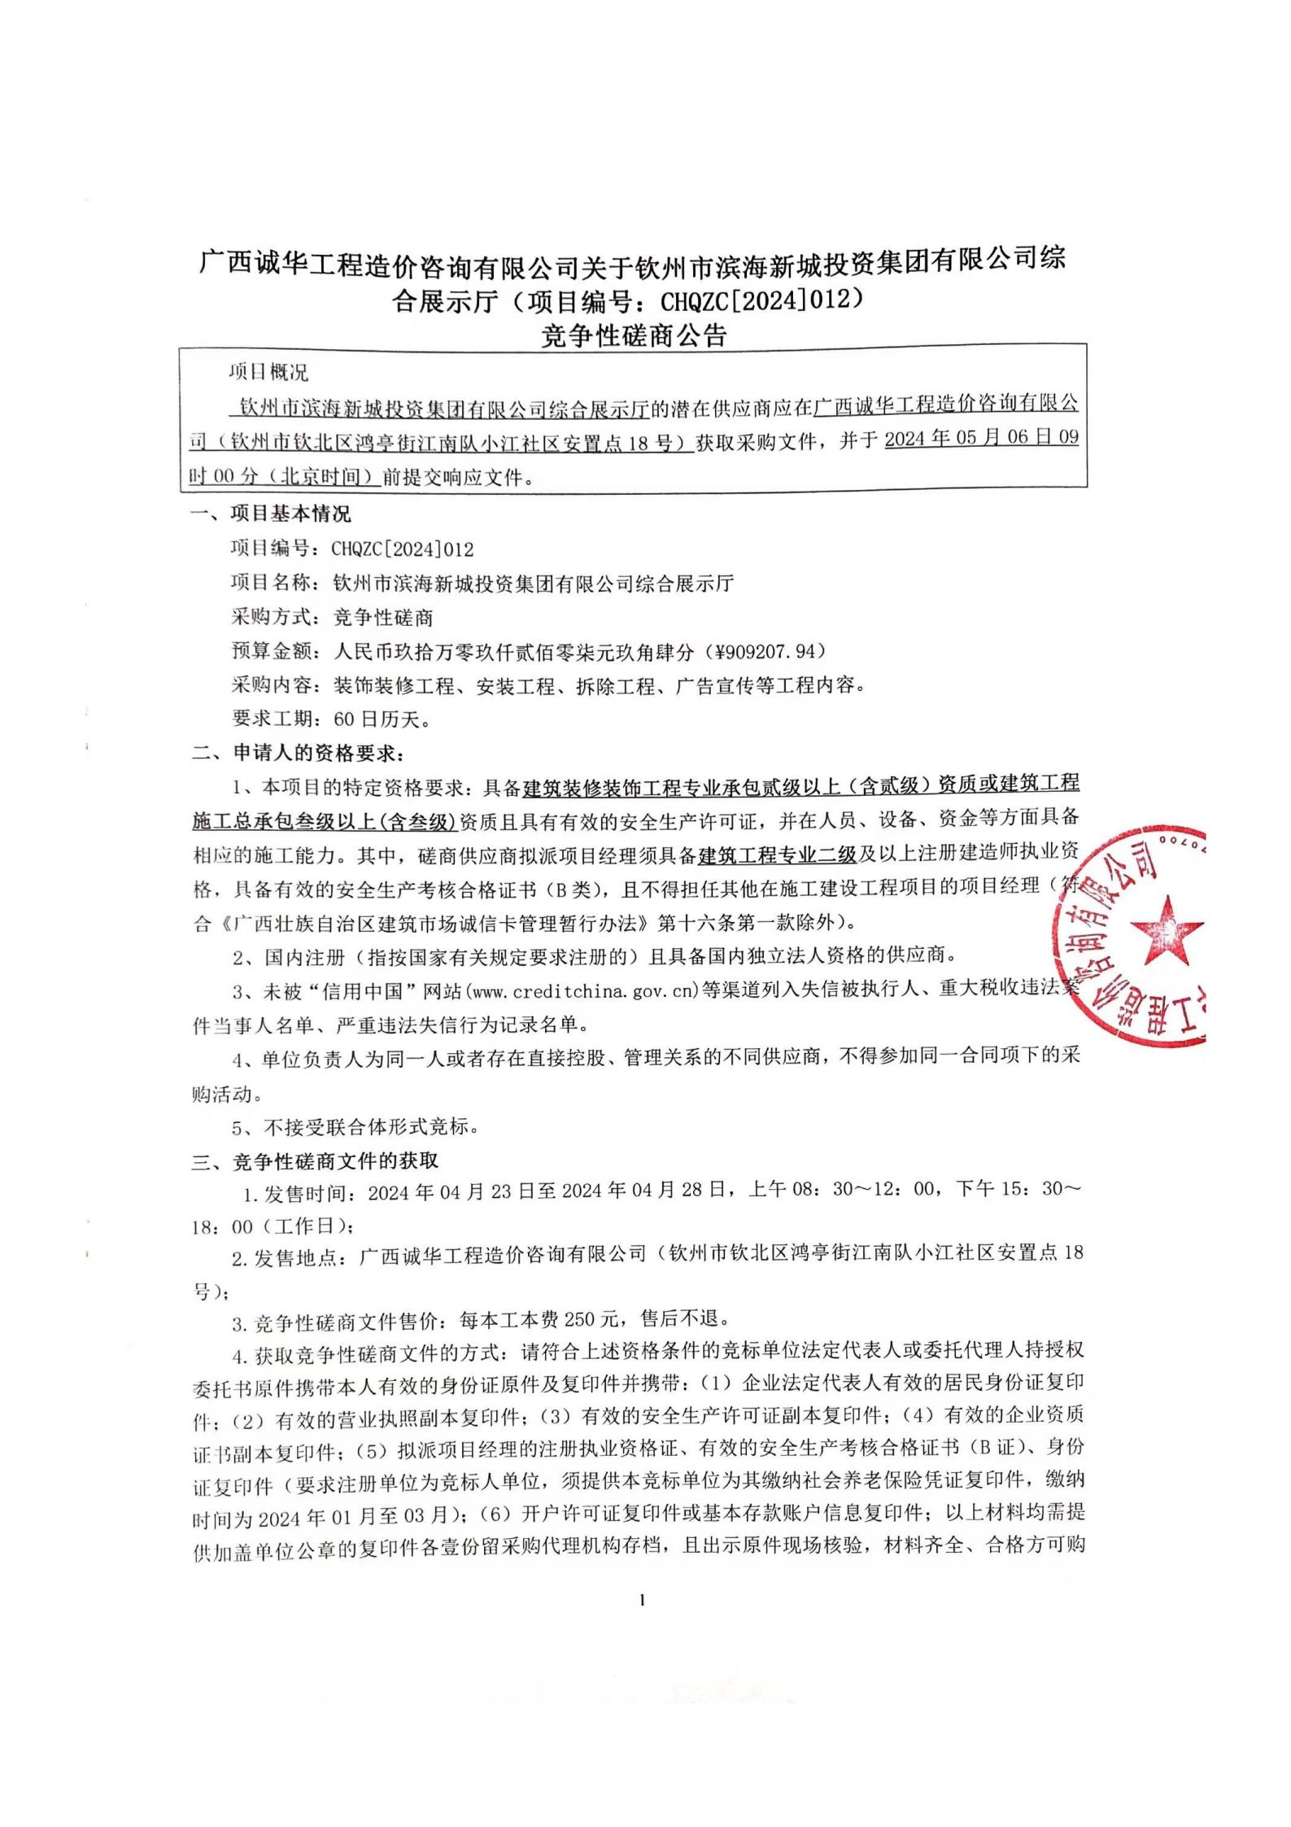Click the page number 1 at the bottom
[x=643, y=1601]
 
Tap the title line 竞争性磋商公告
[x=633, y=336]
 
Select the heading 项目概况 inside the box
[x=268, y=373]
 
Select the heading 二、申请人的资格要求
[x=297, y=753]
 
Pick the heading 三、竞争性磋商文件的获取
[x=315, y=1160]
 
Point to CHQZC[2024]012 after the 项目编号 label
[x=402, y=549]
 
